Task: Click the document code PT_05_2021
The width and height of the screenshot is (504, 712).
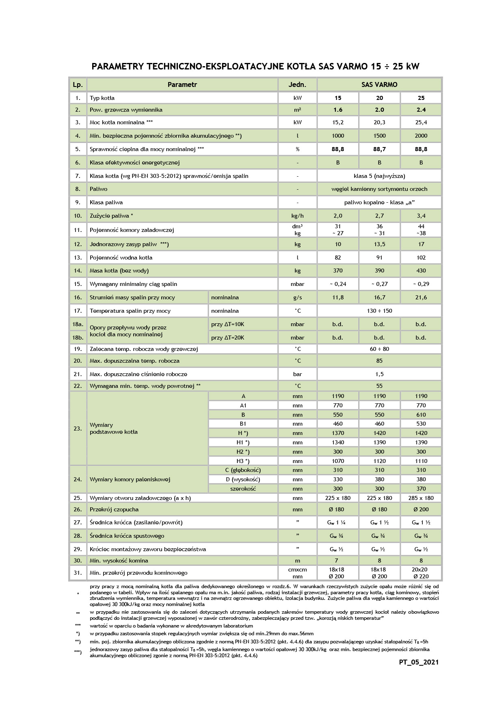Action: coord(419,662)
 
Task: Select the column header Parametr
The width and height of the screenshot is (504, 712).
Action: coord(182,84)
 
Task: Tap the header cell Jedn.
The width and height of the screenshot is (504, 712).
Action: coord(297,84)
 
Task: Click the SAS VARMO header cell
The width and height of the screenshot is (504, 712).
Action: coord(379,84)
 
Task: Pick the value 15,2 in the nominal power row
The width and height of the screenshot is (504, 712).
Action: coord(338,122)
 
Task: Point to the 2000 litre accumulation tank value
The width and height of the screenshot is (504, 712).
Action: coord(421,136)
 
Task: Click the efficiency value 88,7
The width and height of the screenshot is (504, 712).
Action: coord(379,149)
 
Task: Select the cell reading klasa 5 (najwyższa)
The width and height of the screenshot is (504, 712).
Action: coord(379,176)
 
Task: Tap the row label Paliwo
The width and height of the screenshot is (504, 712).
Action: coord(99,189)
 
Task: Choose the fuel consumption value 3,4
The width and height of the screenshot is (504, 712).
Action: coord(421,216)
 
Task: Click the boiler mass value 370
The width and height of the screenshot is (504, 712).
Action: coord(338,271)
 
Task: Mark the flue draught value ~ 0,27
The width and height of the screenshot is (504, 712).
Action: coord(379,284)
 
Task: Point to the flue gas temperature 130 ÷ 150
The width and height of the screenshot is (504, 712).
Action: coord(379,311)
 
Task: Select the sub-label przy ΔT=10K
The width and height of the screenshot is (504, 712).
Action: coord(228,324)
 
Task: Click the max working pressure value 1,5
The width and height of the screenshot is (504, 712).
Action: coord(379,374)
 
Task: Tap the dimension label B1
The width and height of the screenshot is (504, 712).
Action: coord(243,424)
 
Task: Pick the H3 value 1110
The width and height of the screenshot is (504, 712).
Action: coord(421,461)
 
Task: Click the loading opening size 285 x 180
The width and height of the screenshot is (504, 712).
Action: coord(421,498)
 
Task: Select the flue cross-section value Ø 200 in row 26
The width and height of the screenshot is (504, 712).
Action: coord(421,509)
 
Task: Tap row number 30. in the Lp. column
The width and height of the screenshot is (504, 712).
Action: coord(78,561)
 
